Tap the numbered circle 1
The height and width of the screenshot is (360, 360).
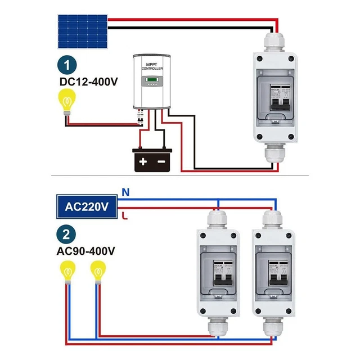67,65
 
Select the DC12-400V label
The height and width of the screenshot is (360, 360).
88,82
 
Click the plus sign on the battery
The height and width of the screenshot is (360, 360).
143,161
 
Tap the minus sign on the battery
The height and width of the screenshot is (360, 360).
161,161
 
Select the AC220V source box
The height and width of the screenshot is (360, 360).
86,206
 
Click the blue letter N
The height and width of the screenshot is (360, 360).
126,192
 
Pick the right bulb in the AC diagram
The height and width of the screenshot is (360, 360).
98,273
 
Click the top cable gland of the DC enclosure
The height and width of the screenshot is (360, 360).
275,41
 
